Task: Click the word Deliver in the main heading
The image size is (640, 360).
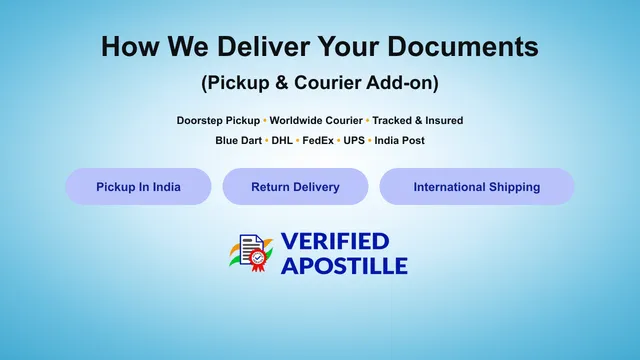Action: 264,46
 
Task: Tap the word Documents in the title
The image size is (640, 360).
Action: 463,46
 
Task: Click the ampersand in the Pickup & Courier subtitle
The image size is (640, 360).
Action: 281,82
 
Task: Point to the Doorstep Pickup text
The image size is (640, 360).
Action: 218,120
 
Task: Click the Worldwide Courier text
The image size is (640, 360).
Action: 316,120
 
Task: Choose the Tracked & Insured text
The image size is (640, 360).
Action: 418,120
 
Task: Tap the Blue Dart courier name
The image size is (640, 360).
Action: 238,140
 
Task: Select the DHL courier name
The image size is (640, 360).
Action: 282,140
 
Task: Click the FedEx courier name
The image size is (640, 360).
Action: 318,140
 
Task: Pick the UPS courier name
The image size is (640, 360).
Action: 354,140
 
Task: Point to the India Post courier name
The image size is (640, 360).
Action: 400,140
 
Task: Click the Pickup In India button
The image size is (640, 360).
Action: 138,187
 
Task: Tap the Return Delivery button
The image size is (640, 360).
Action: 296,187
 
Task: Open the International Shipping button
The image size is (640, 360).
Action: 477,187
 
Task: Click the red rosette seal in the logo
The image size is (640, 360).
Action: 257,260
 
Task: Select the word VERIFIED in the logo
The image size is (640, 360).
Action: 335,241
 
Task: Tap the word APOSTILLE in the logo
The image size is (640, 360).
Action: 344,266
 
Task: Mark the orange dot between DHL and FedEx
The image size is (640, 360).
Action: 298,141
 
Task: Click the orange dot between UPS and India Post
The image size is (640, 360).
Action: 370,141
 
